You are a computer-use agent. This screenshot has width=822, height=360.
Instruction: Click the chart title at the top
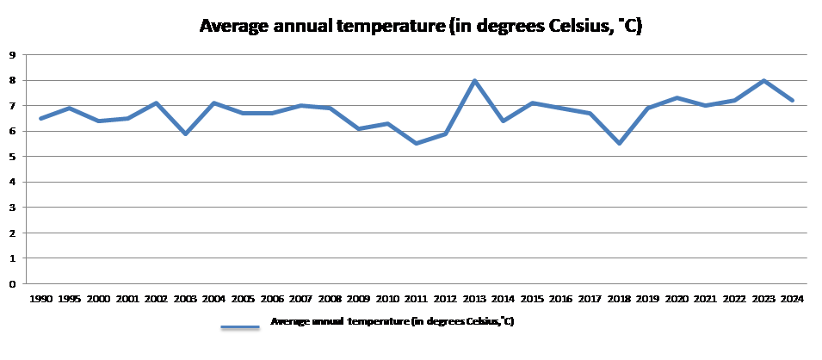click(x=421, y=27)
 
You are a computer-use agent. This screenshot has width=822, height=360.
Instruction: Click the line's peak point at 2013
click(x=474, y=81)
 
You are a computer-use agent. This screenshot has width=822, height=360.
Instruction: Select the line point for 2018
click(x=619, y=143)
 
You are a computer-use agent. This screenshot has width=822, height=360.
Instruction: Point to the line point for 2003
click(x=185, y=133)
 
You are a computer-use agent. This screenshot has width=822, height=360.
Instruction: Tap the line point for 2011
click(x=417, y=143)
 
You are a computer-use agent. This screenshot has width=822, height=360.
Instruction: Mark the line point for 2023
click(x=763, y=81)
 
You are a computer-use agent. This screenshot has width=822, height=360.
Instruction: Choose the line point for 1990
click(x=40, y=118)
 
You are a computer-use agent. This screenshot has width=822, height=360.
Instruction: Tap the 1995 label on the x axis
click(x=70, y=300)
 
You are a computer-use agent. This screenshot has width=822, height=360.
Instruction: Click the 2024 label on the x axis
click(x=793, y=300)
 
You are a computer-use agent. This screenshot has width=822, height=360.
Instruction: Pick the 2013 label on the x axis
click(x=474, y=300)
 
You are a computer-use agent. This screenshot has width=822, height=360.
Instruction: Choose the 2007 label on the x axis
click(x=300, y=300)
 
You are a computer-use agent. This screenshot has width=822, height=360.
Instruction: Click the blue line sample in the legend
click(x=240, y=327)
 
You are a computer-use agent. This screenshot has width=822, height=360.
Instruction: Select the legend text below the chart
click(x=392, y=321)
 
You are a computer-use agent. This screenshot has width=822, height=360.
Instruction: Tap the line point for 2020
click(x=677, y=98)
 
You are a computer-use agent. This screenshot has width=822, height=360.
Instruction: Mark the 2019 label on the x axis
click(x=648, y=300)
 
